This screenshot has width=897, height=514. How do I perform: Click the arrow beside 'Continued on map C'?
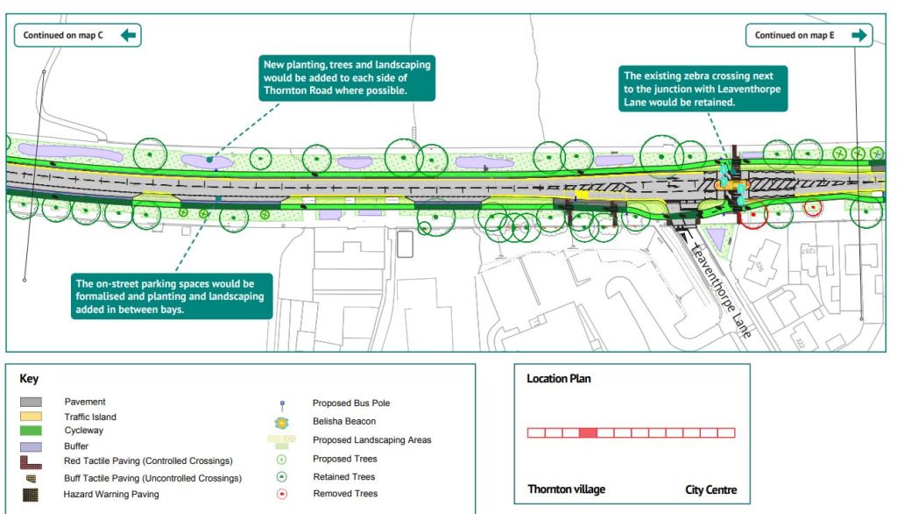pyautogui.click(x=129, y=35)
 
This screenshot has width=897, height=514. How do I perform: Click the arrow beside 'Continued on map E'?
pyautogui.click(x=858, y=35)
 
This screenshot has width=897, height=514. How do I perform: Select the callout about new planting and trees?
pyautogui.click(x=349, y=78)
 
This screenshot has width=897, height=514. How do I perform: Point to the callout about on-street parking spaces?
pyautogui.click(x=173, y=297)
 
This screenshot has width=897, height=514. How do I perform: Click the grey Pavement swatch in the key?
pyautogui.click(x=32, y=403)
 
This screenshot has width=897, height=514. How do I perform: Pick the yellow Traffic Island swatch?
pyautogui.click(x=32, y=418)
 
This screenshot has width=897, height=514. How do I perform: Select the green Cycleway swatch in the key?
pyautogui.click(x=32, y=432)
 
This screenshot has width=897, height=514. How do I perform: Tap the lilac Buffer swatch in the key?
pyautogui.click(x=32, y=446)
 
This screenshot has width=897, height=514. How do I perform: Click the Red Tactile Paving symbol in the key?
pyautogui.click(x=32, y=461)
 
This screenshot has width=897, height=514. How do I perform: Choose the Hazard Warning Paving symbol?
pyautogui.click(x=32, y=495)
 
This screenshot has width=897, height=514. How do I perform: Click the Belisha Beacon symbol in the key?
pyautogui.click(x=281, y=422)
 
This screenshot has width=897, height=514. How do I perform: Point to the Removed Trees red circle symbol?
pyautogui.click(x=281, y=494)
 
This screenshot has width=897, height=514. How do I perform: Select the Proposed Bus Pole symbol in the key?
pyautogui.click(x=281, y=404)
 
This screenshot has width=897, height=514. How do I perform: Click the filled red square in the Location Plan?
pyautogui.click(x=588, y=432)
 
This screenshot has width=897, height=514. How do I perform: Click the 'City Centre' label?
pyautogui.click(x=710, y=489)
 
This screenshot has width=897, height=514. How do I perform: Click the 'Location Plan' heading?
pyautogui.click(x=559, y=379)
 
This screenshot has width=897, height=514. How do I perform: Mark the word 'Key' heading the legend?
pyautogui.click(x=29, y=379)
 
